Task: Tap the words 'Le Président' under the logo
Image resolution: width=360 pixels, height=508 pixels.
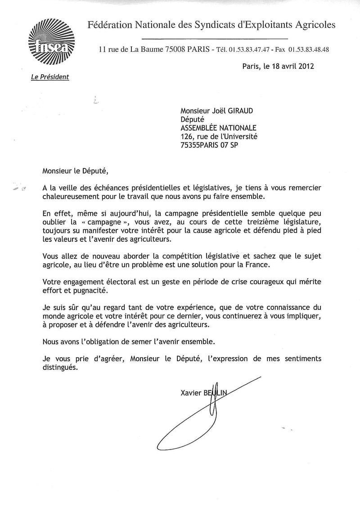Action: pos(50,77)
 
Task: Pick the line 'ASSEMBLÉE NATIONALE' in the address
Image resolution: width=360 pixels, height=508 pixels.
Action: pos(218,128)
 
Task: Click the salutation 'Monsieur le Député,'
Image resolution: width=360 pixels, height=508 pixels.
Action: pos(76,170)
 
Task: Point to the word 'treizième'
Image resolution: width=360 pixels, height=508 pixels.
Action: pos(246,222)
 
